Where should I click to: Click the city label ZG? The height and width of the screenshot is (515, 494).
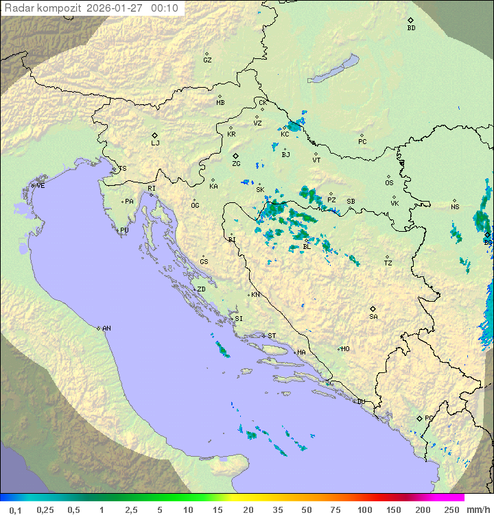236,164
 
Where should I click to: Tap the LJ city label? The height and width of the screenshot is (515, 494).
155,143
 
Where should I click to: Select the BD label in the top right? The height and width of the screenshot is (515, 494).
411,28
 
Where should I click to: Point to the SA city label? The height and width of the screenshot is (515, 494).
373,317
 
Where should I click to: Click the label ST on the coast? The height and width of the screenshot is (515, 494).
272,336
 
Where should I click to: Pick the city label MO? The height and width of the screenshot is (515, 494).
345,349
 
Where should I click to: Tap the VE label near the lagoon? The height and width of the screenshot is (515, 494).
40,186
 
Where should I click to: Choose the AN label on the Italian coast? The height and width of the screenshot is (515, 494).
106,328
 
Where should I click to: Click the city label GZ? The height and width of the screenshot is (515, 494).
207,60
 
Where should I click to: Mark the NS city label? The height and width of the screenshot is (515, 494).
455,207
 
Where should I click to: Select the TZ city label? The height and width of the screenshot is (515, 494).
388,263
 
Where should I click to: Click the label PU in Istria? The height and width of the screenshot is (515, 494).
124,230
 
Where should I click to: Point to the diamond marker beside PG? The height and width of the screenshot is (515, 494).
419,418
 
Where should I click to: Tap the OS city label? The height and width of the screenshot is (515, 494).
389,183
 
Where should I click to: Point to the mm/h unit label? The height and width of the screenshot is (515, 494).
478,510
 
